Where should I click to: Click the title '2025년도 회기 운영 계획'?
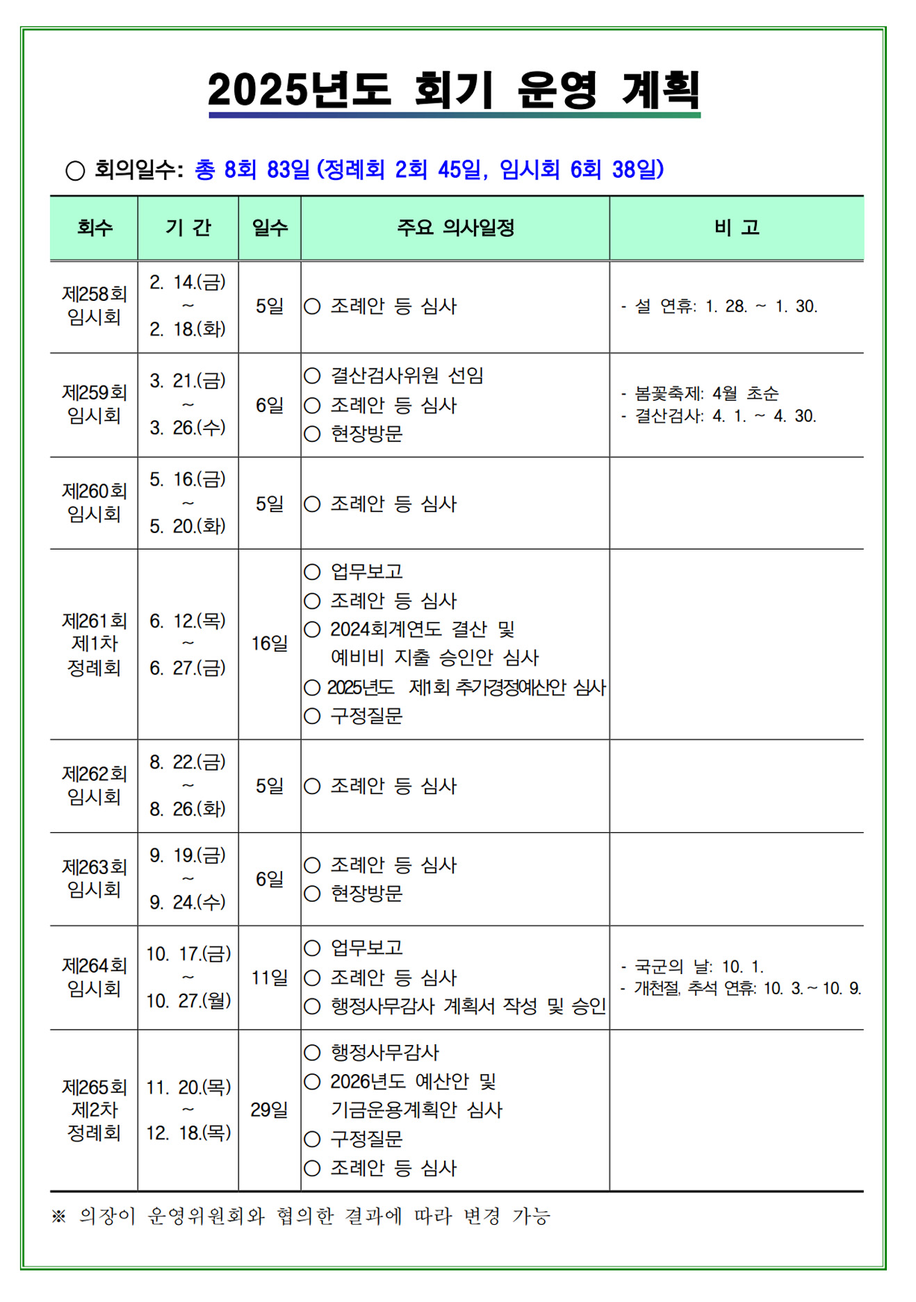point(453,90)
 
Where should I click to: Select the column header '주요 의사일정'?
point(455,227)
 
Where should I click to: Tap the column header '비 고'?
point(736,227)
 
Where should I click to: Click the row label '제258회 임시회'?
point(94,306)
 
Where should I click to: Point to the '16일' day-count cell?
point(270,643)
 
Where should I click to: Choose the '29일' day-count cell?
point(270,1110)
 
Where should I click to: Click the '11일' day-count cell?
point(270,978)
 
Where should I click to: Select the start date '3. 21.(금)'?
point(188,381)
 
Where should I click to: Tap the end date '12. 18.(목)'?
point(188,1133)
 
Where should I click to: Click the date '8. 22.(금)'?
point(188,762)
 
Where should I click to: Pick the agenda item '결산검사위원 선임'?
point(407,376)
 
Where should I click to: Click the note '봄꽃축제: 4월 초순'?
point(706,393)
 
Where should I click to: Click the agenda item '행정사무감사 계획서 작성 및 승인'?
point(468,1006)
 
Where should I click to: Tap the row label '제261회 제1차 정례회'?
point(94,644)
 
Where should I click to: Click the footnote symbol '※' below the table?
point(58,1217)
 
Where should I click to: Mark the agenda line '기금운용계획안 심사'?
point(416,1110)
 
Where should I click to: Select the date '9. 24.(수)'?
point(188,902)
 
